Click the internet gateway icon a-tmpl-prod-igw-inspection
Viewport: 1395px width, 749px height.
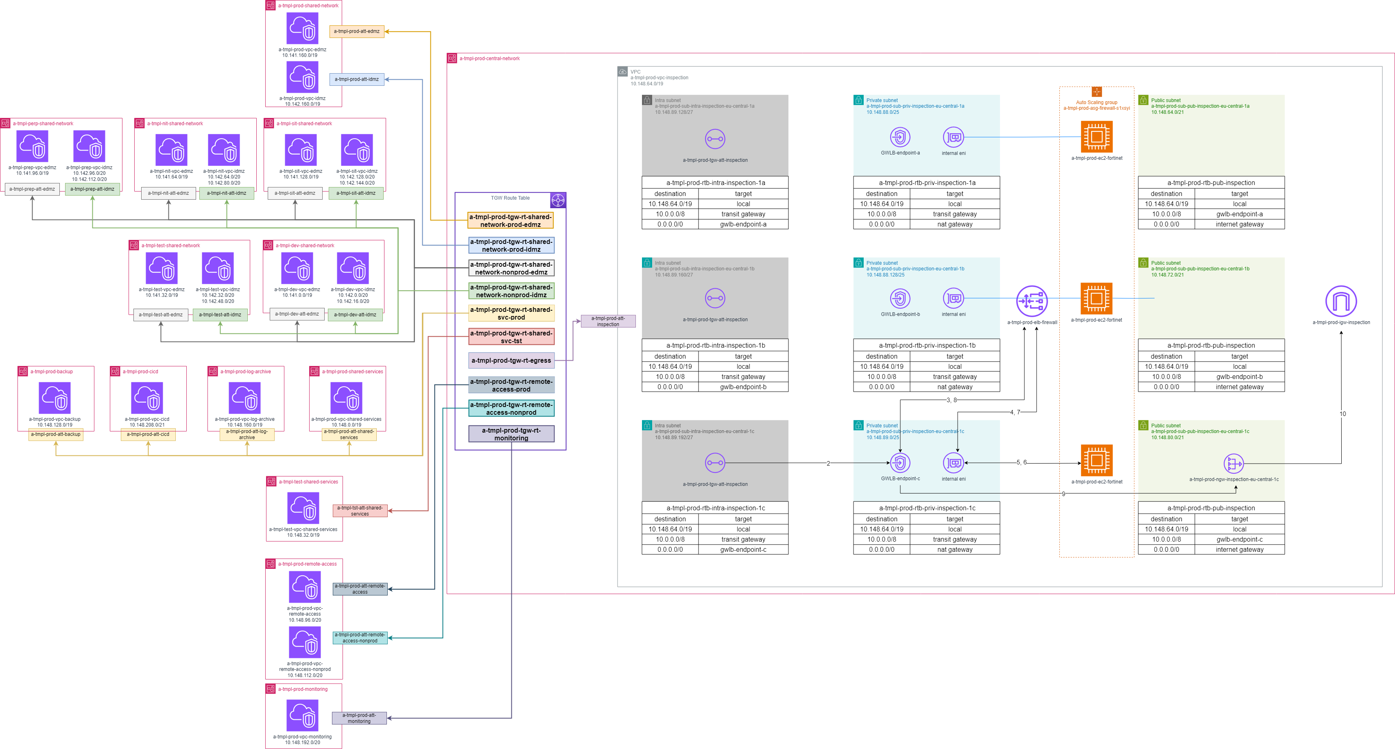1341,301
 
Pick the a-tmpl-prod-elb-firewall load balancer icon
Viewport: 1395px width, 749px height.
1032,301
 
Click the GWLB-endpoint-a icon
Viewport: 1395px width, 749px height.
899,137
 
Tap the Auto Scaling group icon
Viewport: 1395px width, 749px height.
1097,92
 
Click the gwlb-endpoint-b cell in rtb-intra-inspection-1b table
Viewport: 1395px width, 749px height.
743,387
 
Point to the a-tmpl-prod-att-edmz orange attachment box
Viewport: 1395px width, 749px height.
356,31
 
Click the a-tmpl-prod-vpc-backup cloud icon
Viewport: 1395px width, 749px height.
55,398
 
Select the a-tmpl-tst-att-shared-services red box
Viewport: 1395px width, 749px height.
360,511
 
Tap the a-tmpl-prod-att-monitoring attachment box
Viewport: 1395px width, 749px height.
359,718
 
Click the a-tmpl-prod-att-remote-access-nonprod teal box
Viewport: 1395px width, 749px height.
360,638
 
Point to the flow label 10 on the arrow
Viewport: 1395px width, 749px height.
1343,414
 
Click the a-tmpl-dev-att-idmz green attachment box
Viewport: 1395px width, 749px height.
355,314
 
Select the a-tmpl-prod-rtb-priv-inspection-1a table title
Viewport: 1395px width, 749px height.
927,183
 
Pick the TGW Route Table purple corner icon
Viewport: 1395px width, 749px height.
558,200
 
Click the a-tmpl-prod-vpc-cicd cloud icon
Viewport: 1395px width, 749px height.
147,398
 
